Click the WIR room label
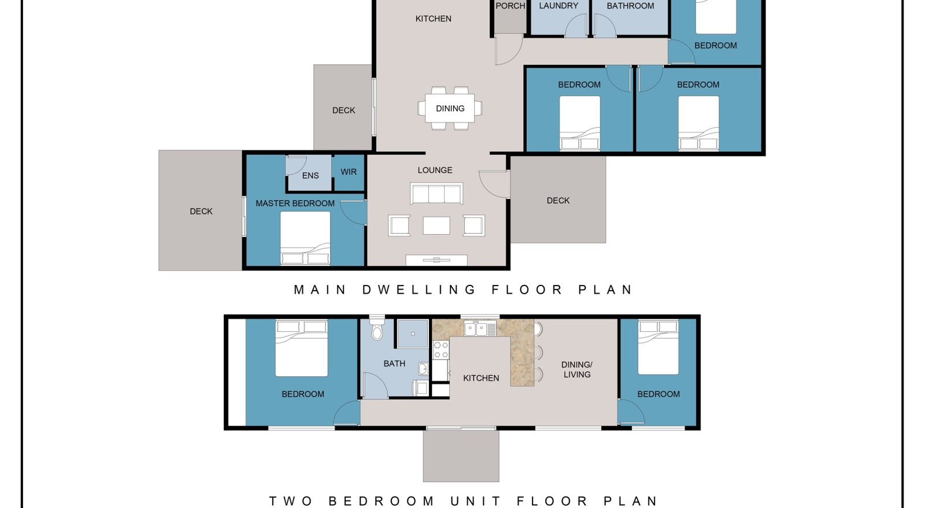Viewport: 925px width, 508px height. tap(349, 172)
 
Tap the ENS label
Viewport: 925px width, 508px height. tap(310, 175)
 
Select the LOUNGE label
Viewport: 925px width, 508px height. tap(435, 170)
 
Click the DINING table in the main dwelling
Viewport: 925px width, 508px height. tap(450, 108)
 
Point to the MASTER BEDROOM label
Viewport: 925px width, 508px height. tap(295, 203)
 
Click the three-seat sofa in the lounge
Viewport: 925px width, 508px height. tap(436, 194)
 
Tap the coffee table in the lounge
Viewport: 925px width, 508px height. tap(436, 226)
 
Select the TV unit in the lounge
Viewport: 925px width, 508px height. tap(436, 260)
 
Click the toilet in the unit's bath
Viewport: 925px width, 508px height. tap(376, 328)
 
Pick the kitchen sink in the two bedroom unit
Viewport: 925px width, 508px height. tap(475, 329)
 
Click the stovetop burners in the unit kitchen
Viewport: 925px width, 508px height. tap(441, 350)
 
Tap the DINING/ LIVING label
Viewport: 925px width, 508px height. tap(577, 369)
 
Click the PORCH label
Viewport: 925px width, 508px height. tap(510, 6)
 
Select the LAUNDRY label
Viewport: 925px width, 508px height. tap(558, 6)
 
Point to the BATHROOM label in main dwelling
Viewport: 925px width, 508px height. tap(630, 6)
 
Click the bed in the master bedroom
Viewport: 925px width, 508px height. tap(305, 238)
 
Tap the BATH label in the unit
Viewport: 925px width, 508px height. tap(394, 364)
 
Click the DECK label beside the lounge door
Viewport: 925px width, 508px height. tap(558, 201)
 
